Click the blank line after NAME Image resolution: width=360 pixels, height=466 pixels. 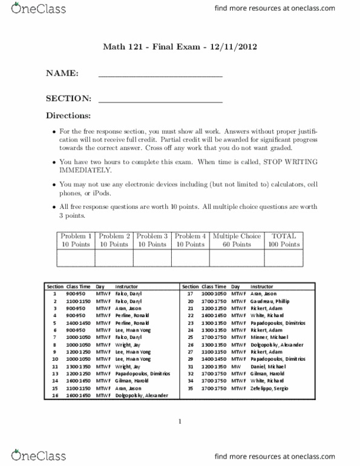point(160,76)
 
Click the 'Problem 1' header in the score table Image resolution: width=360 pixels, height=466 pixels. point(75,236)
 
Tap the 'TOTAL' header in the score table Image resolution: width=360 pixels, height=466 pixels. point(285,236)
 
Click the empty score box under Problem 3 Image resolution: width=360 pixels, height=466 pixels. point(152,258)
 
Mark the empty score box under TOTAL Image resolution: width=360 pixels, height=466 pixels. point(285,258)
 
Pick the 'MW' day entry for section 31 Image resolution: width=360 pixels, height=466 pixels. point(235,366)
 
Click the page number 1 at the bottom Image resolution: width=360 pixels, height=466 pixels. point(180,424)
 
